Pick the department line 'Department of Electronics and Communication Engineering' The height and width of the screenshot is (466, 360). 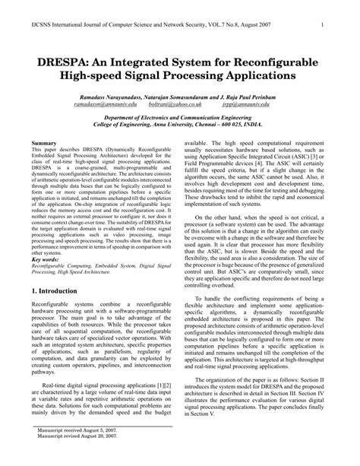(x=180, y=122)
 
